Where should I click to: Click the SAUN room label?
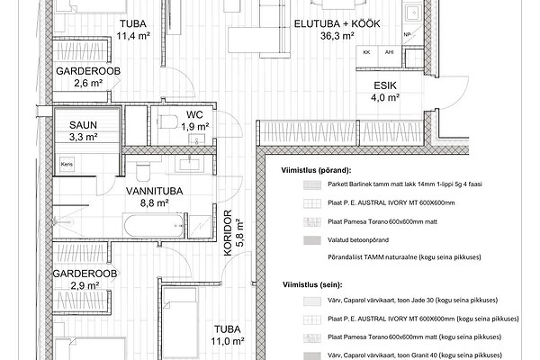(83, 125)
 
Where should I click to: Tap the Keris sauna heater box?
(67, 165)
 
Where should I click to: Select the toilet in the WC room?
(168, 121)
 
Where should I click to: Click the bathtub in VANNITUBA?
(154, 225)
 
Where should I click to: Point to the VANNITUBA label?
(154, 191)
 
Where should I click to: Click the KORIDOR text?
(228, 233)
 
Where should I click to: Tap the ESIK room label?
(385, 85)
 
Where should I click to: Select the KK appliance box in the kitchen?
(367, 56)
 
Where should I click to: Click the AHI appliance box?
(390, 56)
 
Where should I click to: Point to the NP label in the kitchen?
(407, 34)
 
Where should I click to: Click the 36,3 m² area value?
(337, 36)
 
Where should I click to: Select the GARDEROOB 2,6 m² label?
(88, 76)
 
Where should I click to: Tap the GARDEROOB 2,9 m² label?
(85, 279)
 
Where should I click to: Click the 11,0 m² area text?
(228, 341)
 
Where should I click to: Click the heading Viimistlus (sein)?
(312, 285)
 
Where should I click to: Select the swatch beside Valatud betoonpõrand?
(312, 240)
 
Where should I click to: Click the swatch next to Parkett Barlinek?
(312, 184)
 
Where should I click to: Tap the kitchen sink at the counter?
(412, 13)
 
